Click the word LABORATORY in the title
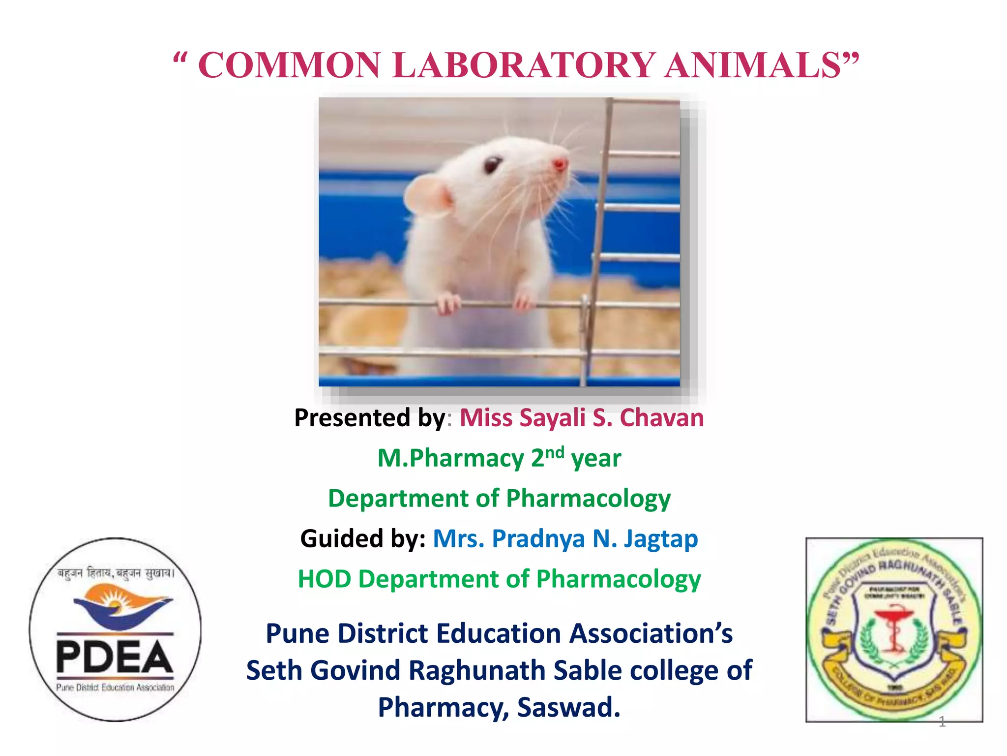point(524,65)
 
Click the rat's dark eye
point(492,165)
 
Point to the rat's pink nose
point(560,164)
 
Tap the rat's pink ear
point(427,195)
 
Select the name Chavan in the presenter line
point(661,418)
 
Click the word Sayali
point(553,418)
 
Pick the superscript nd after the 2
point(555,452)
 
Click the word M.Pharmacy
point(450,458)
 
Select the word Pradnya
point(538,538)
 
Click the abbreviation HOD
point(325,579)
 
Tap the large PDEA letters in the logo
point(115,657)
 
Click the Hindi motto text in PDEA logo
point(116,573)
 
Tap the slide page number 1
point(942,722)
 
